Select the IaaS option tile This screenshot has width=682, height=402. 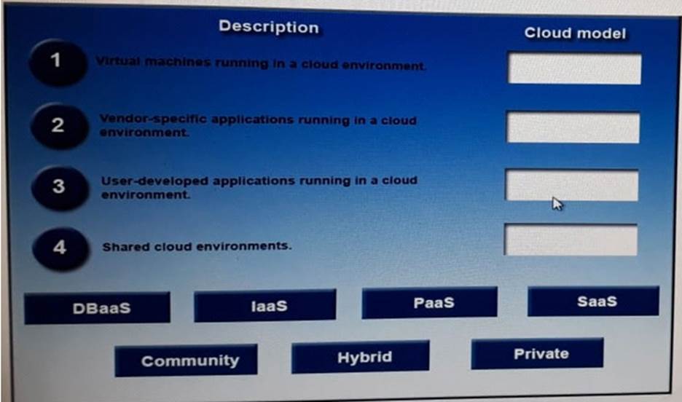265,306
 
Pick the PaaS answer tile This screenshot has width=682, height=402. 429,302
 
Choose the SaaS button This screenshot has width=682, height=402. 593,301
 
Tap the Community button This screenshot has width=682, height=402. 186,360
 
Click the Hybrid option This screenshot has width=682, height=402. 360,357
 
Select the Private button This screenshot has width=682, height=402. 537,354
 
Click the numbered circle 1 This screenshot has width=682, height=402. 57,61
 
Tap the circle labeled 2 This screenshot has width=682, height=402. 58,126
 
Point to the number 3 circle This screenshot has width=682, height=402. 59,187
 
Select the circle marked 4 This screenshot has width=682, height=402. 60,248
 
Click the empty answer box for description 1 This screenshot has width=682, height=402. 575,68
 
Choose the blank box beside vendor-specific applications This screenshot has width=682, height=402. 573,127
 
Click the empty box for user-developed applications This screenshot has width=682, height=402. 571,186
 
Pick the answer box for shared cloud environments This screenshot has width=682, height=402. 571,240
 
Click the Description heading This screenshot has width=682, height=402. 269,27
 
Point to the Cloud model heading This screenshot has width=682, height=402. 575,33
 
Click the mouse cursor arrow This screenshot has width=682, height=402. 557,204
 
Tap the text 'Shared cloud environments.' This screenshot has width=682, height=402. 197,246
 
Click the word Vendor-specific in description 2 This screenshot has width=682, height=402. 153,119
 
